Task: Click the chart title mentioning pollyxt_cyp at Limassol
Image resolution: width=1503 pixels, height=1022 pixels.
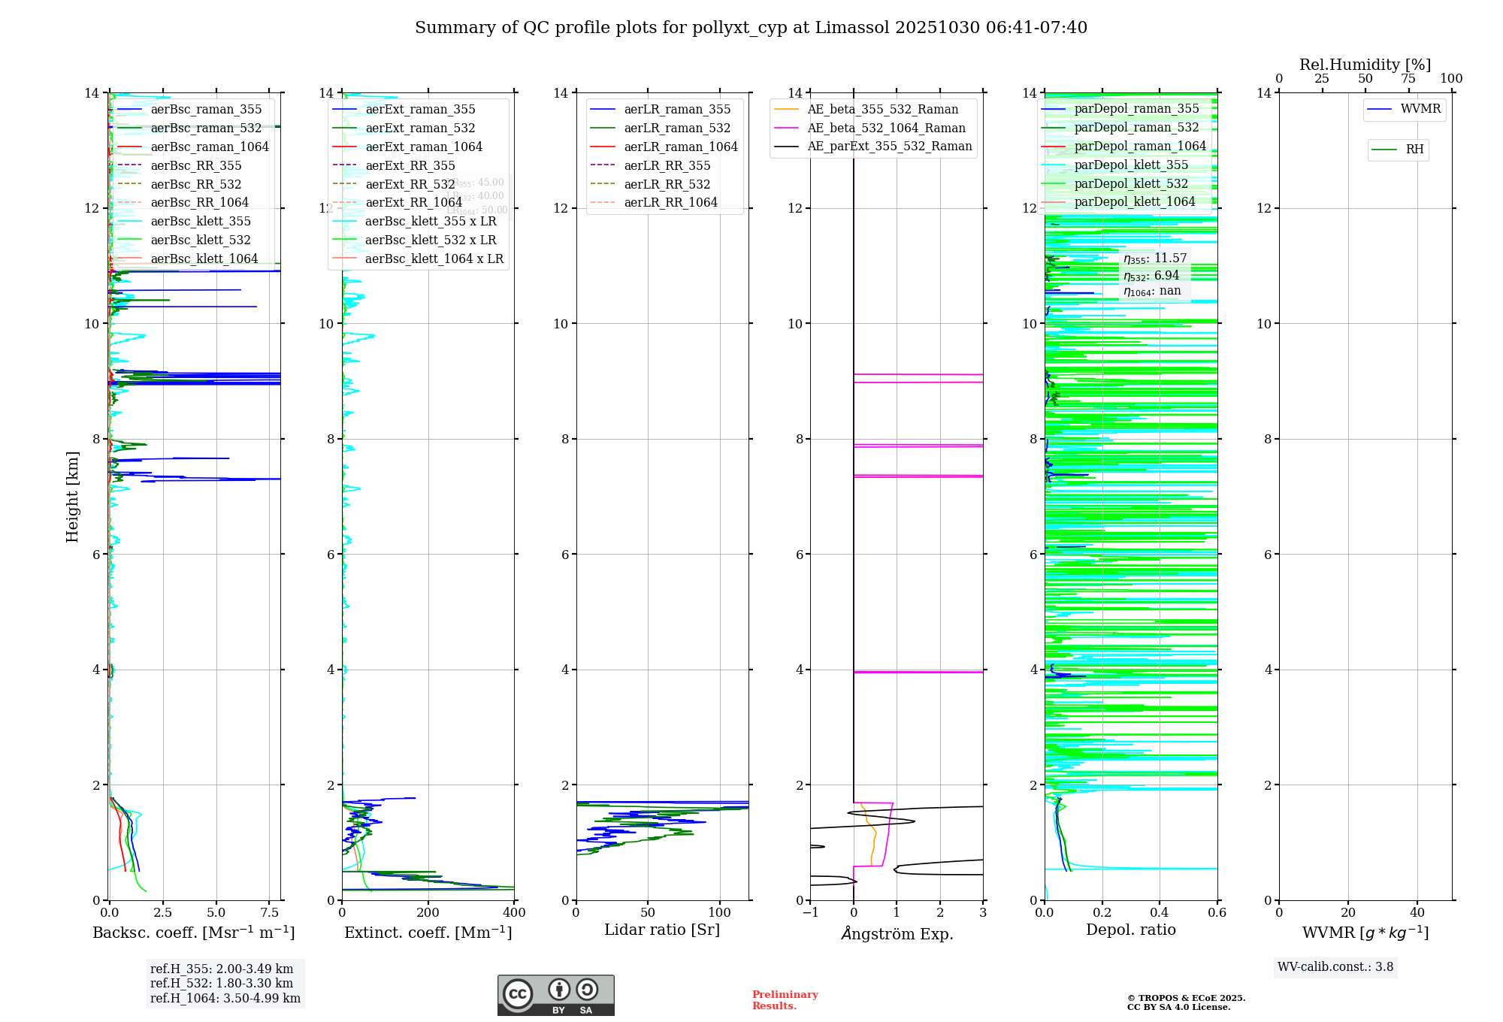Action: [x=751, y=28]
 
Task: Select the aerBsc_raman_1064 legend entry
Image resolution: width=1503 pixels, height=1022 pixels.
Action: [x=209, y=147]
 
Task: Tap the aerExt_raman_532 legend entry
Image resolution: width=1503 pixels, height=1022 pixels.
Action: [x=420, y=128]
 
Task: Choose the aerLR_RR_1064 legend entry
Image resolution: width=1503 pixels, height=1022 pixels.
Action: [x=670, y=202]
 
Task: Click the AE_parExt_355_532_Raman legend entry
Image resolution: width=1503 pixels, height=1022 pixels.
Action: [x=889, y=146]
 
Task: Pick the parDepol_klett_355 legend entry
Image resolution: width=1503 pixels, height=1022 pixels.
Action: [x=1131, y=165]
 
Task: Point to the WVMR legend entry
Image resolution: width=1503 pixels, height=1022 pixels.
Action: [x=1420, y=109]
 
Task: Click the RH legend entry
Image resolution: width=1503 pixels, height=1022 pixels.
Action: [x=1414, y=150]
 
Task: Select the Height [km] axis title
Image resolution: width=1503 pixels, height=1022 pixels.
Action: [x=72, y=496]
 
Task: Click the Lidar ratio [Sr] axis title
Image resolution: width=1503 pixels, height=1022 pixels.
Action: [x=662, y=930]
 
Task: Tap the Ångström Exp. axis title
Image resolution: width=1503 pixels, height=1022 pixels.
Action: [x=897, y=933]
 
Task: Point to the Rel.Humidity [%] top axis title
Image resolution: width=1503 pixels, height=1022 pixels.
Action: [x=1365, y=65]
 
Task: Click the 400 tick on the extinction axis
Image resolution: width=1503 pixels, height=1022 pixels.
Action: [x=514, y=912]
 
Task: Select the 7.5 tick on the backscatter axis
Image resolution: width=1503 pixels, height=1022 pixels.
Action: [x=270, y=912]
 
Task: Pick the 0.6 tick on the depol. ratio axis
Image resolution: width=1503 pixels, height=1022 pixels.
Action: [x=1217, y=912]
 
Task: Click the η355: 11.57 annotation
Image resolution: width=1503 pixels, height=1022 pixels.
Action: [x=1155, y=259]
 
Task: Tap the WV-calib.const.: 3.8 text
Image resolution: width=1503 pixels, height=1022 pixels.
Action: [x=1335, y=967]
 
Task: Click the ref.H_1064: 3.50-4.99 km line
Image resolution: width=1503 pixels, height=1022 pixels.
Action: [x=225, y=999]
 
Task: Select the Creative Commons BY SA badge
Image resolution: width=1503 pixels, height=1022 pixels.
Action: [x=555, y=995]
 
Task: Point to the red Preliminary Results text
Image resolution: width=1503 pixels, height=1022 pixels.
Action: [x=785, y=1000]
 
